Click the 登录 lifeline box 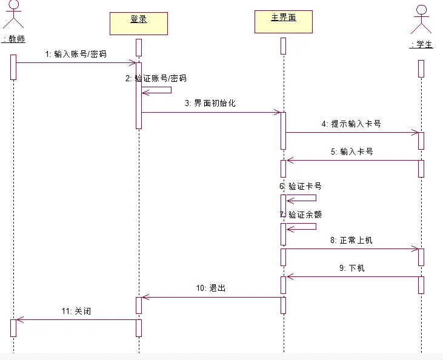(x=139, y=24)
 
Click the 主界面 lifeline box (x=284, y=22)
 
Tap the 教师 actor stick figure (x=13, y=14)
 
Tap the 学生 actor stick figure (x=421, y=19)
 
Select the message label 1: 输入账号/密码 (x=76, y=54)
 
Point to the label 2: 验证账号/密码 (x=156, y=78)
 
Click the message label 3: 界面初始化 (x=210, y=103)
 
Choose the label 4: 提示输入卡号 (x=351, y=124)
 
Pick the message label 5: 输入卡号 (x=351, y=152)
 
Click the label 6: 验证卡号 (x=301, y=186)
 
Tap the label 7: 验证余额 (x=301, y=215)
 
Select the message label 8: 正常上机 (x=351, y=240)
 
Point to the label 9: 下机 (x=351, y=268)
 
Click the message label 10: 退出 (x=211, y=288)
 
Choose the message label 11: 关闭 (x=76, y=311)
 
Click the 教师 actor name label (x=13, y=39)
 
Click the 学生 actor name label (x=421, y=44)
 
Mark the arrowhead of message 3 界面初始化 (x=278, y=113)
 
